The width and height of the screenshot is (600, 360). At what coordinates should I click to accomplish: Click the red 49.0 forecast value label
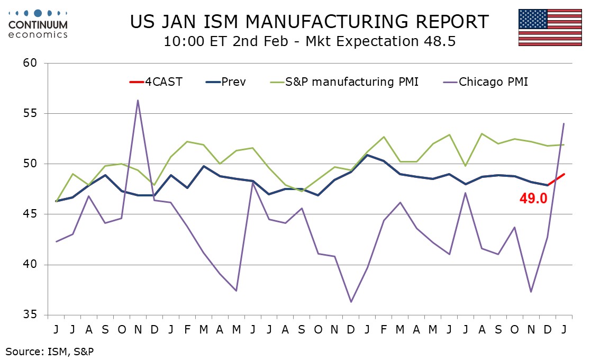(x=532, y=199)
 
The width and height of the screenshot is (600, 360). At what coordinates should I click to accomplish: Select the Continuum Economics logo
(x=38, y=23)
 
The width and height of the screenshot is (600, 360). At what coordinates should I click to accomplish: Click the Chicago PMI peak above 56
(x=138, y=100)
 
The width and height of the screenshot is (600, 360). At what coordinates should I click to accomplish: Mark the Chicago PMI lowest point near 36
(x=351, y=302)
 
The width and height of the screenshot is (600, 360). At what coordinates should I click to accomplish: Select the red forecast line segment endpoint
(x=563, y=174)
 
